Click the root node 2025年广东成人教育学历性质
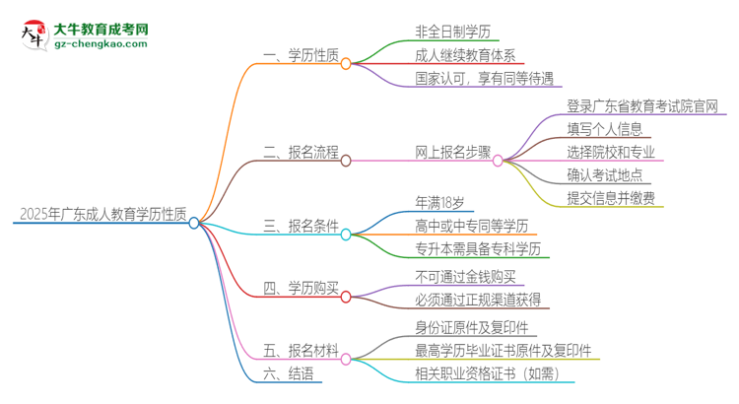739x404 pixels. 103,214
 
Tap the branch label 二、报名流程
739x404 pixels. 301,154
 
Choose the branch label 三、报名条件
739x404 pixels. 301,233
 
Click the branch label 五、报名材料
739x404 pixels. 301,351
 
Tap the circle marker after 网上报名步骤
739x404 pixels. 498,160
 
